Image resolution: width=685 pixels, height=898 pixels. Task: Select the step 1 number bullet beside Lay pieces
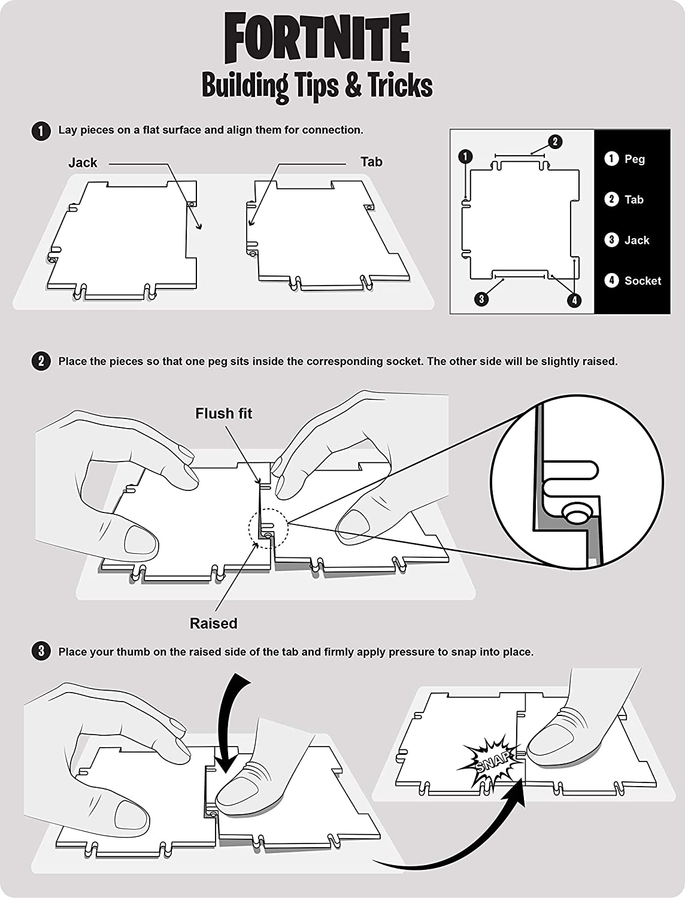41,131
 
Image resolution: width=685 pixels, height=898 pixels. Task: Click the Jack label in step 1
83,162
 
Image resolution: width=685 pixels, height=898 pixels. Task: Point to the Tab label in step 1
371,162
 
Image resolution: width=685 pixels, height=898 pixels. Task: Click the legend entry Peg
634,159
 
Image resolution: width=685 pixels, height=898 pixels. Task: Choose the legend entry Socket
642,280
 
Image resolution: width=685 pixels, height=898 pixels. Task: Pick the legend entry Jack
636,240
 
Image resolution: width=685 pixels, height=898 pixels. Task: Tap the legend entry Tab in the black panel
634,199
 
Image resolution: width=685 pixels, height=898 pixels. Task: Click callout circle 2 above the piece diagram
555,142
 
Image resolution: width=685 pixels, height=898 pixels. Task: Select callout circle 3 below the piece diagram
481,299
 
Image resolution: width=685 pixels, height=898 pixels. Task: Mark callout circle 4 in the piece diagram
574,300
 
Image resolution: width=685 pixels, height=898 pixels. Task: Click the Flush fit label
223,414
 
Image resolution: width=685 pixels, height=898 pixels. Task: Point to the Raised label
214,623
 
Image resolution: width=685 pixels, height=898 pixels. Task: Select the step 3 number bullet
41,651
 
